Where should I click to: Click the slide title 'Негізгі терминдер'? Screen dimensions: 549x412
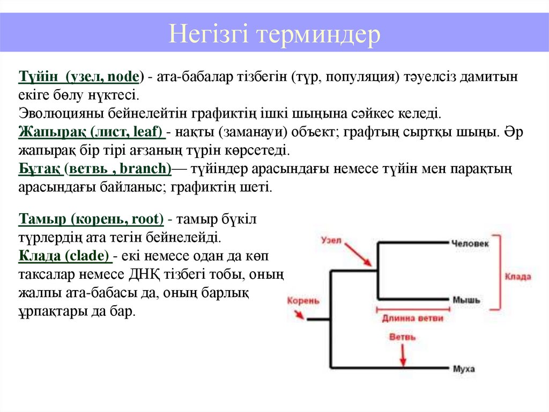pyautogui.click(x=274, y=35)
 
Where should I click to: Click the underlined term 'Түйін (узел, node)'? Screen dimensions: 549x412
pyautogui.click(x=79, y=76)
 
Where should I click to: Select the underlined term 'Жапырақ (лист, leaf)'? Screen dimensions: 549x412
pyautogui.click(x=91, y=131)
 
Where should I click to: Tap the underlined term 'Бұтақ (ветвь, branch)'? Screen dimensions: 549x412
pyautogui.click(x=95, y=169)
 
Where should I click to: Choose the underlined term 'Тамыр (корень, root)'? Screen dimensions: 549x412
pyautogui.click(x=91, y=219)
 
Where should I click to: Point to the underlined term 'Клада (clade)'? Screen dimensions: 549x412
pyautogui.click(x=64, y=256)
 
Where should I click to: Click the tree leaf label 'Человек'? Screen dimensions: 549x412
pyautogui.click(x=470, y=243)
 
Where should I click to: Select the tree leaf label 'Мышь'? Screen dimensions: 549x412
pyautogui.click(x=466, y=300)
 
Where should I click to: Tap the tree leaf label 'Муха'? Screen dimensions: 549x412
pyautogui.click(x=464, y=369)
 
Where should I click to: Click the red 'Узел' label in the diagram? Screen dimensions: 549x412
pyautogui.click(x=331, y=240)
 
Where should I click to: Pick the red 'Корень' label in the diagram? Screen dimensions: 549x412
pyautogui.click(x=303, y=301)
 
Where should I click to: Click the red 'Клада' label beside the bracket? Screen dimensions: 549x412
pyautogui.click(x=517, y=277)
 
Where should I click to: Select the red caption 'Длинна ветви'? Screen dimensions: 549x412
pyautogui.click(x=412, y=318)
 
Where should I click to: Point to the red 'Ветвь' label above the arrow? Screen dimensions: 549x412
pyautogui.click(x=402, y=337)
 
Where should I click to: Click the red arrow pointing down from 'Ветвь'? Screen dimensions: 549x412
pyautogui.click(x=403, y=355)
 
